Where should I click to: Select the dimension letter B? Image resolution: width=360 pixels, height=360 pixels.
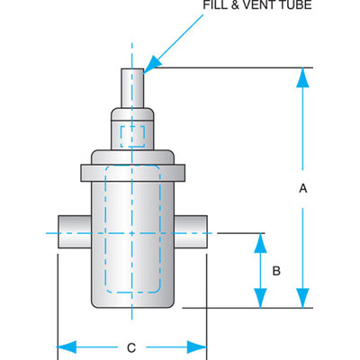click(x=277, y=270)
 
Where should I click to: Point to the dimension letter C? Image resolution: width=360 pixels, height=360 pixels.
click(x=131, y=347)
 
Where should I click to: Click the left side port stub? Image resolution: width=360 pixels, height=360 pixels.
click(x=73, y=234)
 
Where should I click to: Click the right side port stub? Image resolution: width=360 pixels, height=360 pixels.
click(x=191, y=234)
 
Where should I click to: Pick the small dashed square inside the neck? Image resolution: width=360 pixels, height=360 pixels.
click(x=131, y=137)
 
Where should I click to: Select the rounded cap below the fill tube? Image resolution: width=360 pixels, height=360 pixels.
click(x=131, y=117)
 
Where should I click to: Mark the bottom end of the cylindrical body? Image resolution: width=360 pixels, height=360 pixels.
click(x=132, y=301)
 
